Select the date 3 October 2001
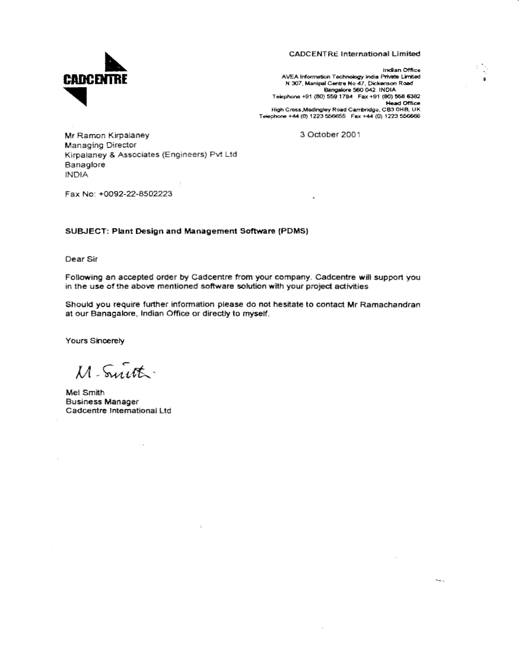click(330, 135)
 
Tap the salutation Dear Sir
click(81, 259)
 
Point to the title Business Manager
click(102, 402)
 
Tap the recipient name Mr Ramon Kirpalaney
click(107, 136)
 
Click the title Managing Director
click(101, 145)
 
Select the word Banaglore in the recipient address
click(85, 165)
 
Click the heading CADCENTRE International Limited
click(354, 54)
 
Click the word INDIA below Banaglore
click(76, 175)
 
